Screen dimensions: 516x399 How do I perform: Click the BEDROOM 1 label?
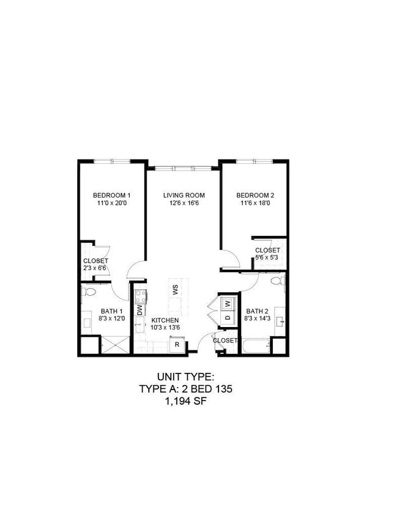(112, 196)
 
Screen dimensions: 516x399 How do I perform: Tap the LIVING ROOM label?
(184, 196)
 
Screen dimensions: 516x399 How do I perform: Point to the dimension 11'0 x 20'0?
(112, 204)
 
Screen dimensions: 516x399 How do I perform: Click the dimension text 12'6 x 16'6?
(184, 204)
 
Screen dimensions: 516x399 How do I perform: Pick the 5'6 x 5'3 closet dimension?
(267, 258)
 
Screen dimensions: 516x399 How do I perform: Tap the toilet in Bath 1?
(89, 292)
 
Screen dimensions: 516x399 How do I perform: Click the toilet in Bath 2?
(277, 282)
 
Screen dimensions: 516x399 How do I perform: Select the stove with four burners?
(140, 297)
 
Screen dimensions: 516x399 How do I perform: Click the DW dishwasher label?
(140, 311)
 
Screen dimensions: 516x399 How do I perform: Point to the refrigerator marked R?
(177, 344)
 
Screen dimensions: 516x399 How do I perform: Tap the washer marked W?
(227, 303)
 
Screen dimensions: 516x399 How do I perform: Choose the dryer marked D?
(227, 317)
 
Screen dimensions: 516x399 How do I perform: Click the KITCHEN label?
(165, 320)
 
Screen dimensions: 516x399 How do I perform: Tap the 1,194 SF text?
(185, 401)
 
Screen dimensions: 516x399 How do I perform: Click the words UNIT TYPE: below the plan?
(185, 377)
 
